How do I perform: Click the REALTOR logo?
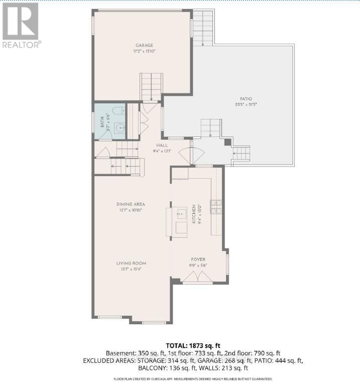(x=21, y=25)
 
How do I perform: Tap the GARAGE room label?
(x=144, y=45)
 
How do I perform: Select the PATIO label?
(x=246, y=99)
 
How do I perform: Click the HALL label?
(x=162, y=145)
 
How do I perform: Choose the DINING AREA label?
(x=131, y=204)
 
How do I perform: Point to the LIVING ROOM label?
(x=131, y=263)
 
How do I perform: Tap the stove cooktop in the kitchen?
(x=215, y=206)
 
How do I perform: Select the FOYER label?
(x=198, y=260)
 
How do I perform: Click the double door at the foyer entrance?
(x=197, y=277)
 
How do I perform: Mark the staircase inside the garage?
(x=152, y=86)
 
